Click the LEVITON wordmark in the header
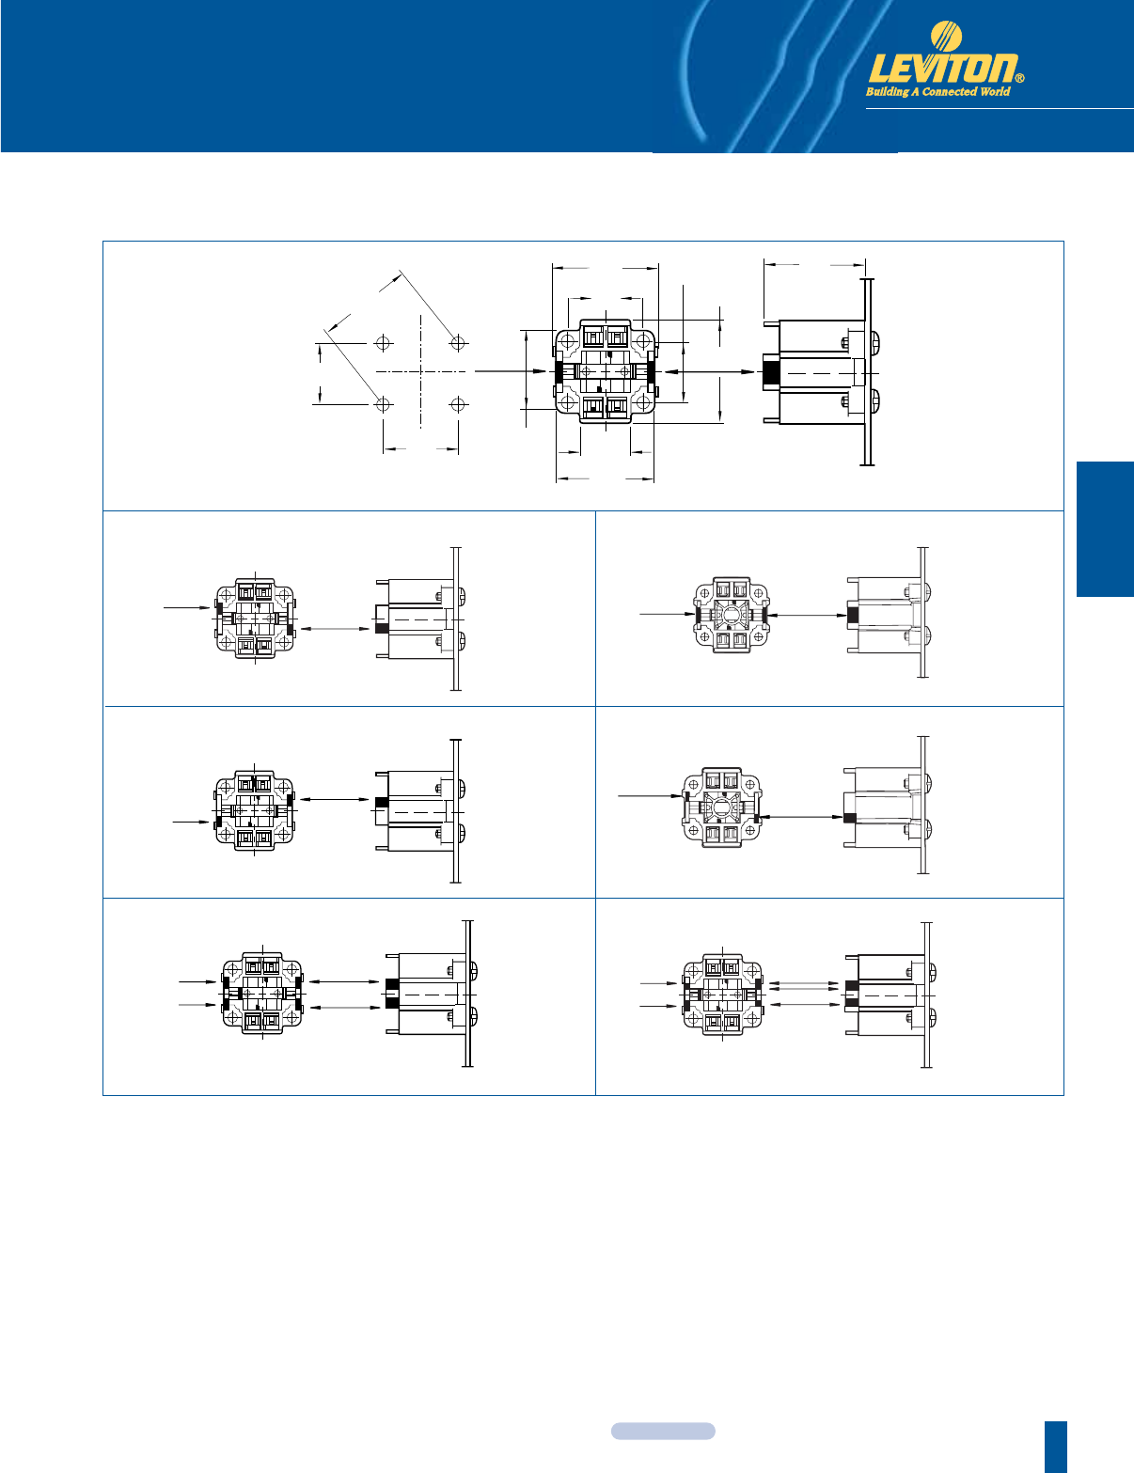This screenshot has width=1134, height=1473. tap(943, 70)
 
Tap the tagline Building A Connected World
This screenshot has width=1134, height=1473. tap(938, 91)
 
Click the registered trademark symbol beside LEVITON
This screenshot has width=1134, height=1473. tap(1021, 78)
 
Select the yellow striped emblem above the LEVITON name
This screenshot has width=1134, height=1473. tap(946, 36)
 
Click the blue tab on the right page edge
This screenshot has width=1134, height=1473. tap(1105, 528)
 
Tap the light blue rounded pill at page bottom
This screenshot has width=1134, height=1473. tap(663, 1431)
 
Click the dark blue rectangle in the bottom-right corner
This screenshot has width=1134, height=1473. tap(1055, 1447)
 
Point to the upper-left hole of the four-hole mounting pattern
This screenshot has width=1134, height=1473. tap(384, 343)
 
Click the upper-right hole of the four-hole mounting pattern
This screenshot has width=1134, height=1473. tap(458, 343)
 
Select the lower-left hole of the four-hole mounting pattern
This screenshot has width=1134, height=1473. tap(384, 405)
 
